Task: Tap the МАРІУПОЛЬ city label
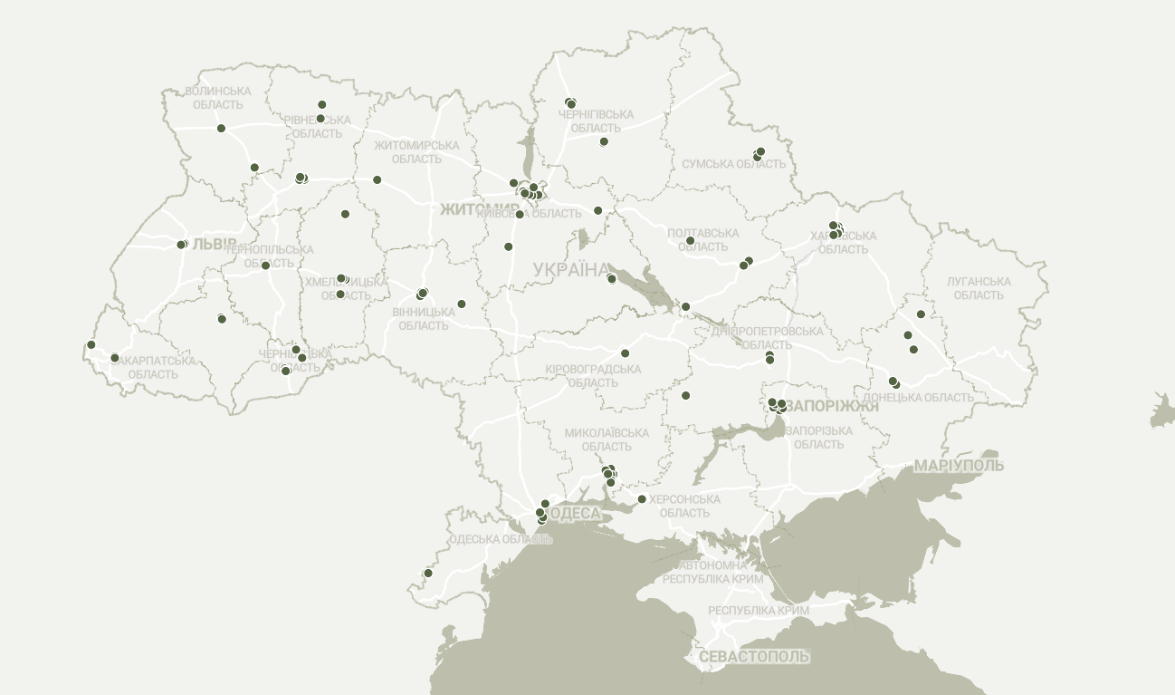pyautogui.click(x=959, y=466)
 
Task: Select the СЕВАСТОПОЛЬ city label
pyautogui.click(x=754, y=656)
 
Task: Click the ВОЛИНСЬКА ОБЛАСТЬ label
pyautogui.click(x=218, y=98)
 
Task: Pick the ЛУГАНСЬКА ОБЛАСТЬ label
pyautogui.click(x=979, y=288)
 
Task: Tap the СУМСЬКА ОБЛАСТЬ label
pyautogui.click(x=734, y=164)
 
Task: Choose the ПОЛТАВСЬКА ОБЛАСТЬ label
pyautogui.click(x=702, y=240)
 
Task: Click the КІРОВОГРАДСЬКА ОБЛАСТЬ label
pyautogui.click(x=594, y=376)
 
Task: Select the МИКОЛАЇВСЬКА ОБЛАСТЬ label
pyautogui.click(x=607, y=439)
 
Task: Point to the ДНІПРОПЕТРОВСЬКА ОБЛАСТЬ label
pyautogui.click(x=768, y=338)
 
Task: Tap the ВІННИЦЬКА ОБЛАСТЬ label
pyautogui.click(x=424, y=318)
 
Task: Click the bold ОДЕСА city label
pyautogui.click(x=575, y=514)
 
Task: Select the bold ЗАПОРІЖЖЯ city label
pyautogui.click(x=833, y=406)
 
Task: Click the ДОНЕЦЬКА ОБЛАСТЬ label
pyautogui.click(x=918, y=397)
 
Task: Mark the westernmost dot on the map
pyautogui.click(x=91, y=344)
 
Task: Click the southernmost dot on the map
pyautogui.click(x=428, y=573)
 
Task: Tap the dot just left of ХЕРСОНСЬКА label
pyautogui.click(x=642, y=499)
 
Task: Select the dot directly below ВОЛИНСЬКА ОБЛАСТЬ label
pyautogui.click(x=221, y=128)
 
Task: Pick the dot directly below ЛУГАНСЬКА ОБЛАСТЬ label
pyautogui.click(x=921, y=314)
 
